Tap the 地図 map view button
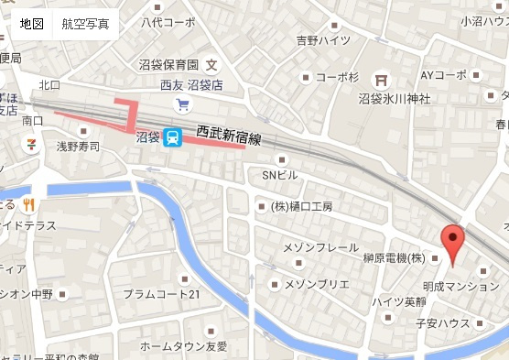(x=31, y=24)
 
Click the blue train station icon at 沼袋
(x=172, y=137)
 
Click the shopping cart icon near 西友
(x=183, y=104)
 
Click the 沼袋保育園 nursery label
(x=168, y=65)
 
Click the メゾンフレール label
(x=321, y=247)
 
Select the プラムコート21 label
(x=161, y=294)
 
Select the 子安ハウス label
(x=442, y=322)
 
